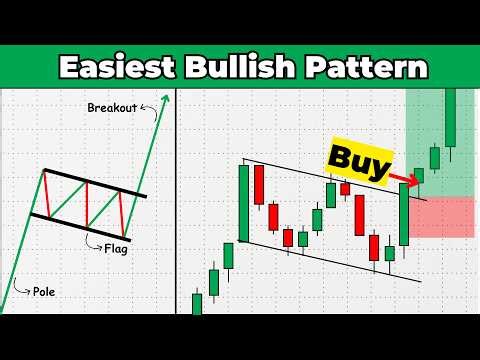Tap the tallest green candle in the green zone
pyautogui.click(x=451, y=117)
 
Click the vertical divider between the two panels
pyautogui.click(x=176, y=200)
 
